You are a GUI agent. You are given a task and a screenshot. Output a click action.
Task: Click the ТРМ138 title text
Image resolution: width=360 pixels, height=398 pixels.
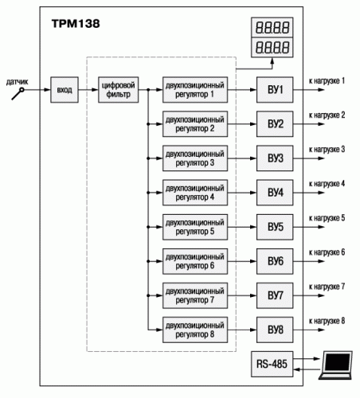[76, 24]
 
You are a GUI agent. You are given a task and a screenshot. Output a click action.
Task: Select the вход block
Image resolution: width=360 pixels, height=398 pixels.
[65, 90]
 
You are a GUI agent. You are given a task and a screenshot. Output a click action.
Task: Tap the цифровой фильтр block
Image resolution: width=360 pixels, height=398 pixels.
[118, 90]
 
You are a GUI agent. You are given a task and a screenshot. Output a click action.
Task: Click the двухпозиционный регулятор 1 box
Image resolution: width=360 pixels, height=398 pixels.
[195, 90]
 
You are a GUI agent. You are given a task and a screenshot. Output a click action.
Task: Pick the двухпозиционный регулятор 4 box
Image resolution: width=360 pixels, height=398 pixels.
[195, 193]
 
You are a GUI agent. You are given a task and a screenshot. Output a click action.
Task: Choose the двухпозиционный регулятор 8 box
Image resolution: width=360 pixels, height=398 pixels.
[195, 330]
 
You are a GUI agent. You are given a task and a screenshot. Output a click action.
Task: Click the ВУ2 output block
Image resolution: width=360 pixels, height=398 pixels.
[275, 124]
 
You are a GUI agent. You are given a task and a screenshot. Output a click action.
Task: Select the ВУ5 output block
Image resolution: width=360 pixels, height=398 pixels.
[275, 227]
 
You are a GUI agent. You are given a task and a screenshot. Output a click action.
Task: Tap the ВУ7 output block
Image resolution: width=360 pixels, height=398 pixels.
[275, 295]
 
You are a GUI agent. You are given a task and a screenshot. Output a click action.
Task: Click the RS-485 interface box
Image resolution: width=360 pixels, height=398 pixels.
[272, 364]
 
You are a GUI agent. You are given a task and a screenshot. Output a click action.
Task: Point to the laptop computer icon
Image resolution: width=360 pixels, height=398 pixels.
[335, 365]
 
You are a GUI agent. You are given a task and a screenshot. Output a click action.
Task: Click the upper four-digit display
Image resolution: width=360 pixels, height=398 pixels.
[272, 27]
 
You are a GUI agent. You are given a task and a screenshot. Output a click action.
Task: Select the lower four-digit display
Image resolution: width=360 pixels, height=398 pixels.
[272, 47]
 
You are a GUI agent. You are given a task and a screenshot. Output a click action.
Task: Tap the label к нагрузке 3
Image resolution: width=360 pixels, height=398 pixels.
[327, 150]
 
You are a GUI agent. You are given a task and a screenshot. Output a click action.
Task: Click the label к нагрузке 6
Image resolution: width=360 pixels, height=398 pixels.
[327, 252]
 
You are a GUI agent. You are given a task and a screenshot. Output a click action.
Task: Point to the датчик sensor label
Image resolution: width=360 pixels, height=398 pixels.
[18, 82]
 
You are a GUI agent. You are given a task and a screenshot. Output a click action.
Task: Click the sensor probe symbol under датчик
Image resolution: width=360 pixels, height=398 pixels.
[18, 94]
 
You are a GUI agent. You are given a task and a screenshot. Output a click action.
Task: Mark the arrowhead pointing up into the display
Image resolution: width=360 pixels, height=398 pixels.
[272, 61]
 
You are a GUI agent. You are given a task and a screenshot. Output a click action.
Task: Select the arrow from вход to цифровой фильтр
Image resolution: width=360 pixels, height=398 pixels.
[88, 90]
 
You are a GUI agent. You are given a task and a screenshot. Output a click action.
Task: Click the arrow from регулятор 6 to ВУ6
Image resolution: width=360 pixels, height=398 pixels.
[242, 261]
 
